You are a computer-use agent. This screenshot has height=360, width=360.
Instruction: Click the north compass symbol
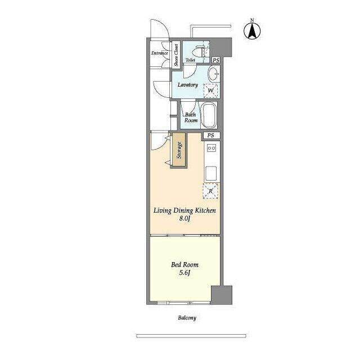(x=252, y=30)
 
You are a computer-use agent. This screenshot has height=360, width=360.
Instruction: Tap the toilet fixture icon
(x=199, y=52)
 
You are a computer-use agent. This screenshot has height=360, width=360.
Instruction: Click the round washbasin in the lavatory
(x=214, y=74)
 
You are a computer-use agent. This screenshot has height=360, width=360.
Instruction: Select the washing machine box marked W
(x=210, y=91)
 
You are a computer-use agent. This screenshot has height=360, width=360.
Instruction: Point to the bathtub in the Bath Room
(x=209, y=115)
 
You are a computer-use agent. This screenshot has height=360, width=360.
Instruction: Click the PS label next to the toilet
(x=216, y=60)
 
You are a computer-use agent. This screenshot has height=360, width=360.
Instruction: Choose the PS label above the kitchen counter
(x=210, y=135)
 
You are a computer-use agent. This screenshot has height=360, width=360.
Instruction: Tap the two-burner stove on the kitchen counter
(x=211, y=148)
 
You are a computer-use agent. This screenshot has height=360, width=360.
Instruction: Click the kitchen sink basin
(x=211, y=173)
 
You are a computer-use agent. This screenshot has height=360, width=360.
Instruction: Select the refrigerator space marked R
(x=210, y=191)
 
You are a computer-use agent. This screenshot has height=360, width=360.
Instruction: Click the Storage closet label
(x=179, y=150)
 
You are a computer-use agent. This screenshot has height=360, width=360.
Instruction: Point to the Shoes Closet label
(x=176, y=55)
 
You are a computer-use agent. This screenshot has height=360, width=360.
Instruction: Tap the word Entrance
(x=160, y=53)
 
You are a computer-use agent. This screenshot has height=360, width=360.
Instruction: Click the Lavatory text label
(x=188, y=85)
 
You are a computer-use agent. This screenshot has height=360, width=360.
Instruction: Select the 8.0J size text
(x=185, y=219)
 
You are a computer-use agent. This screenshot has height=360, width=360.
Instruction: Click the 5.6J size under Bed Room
(x=185, y=273)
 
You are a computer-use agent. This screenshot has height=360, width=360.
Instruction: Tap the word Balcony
(x=187, y=318)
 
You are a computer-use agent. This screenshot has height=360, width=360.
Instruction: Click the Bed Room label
(x=185, y=265)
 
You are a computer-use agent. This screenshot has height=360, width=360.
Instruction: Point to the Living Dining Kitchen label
(x=184, y=210)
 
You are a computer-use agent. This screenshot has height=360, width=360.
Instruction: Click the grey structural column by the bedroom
(x=222, y=295)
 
